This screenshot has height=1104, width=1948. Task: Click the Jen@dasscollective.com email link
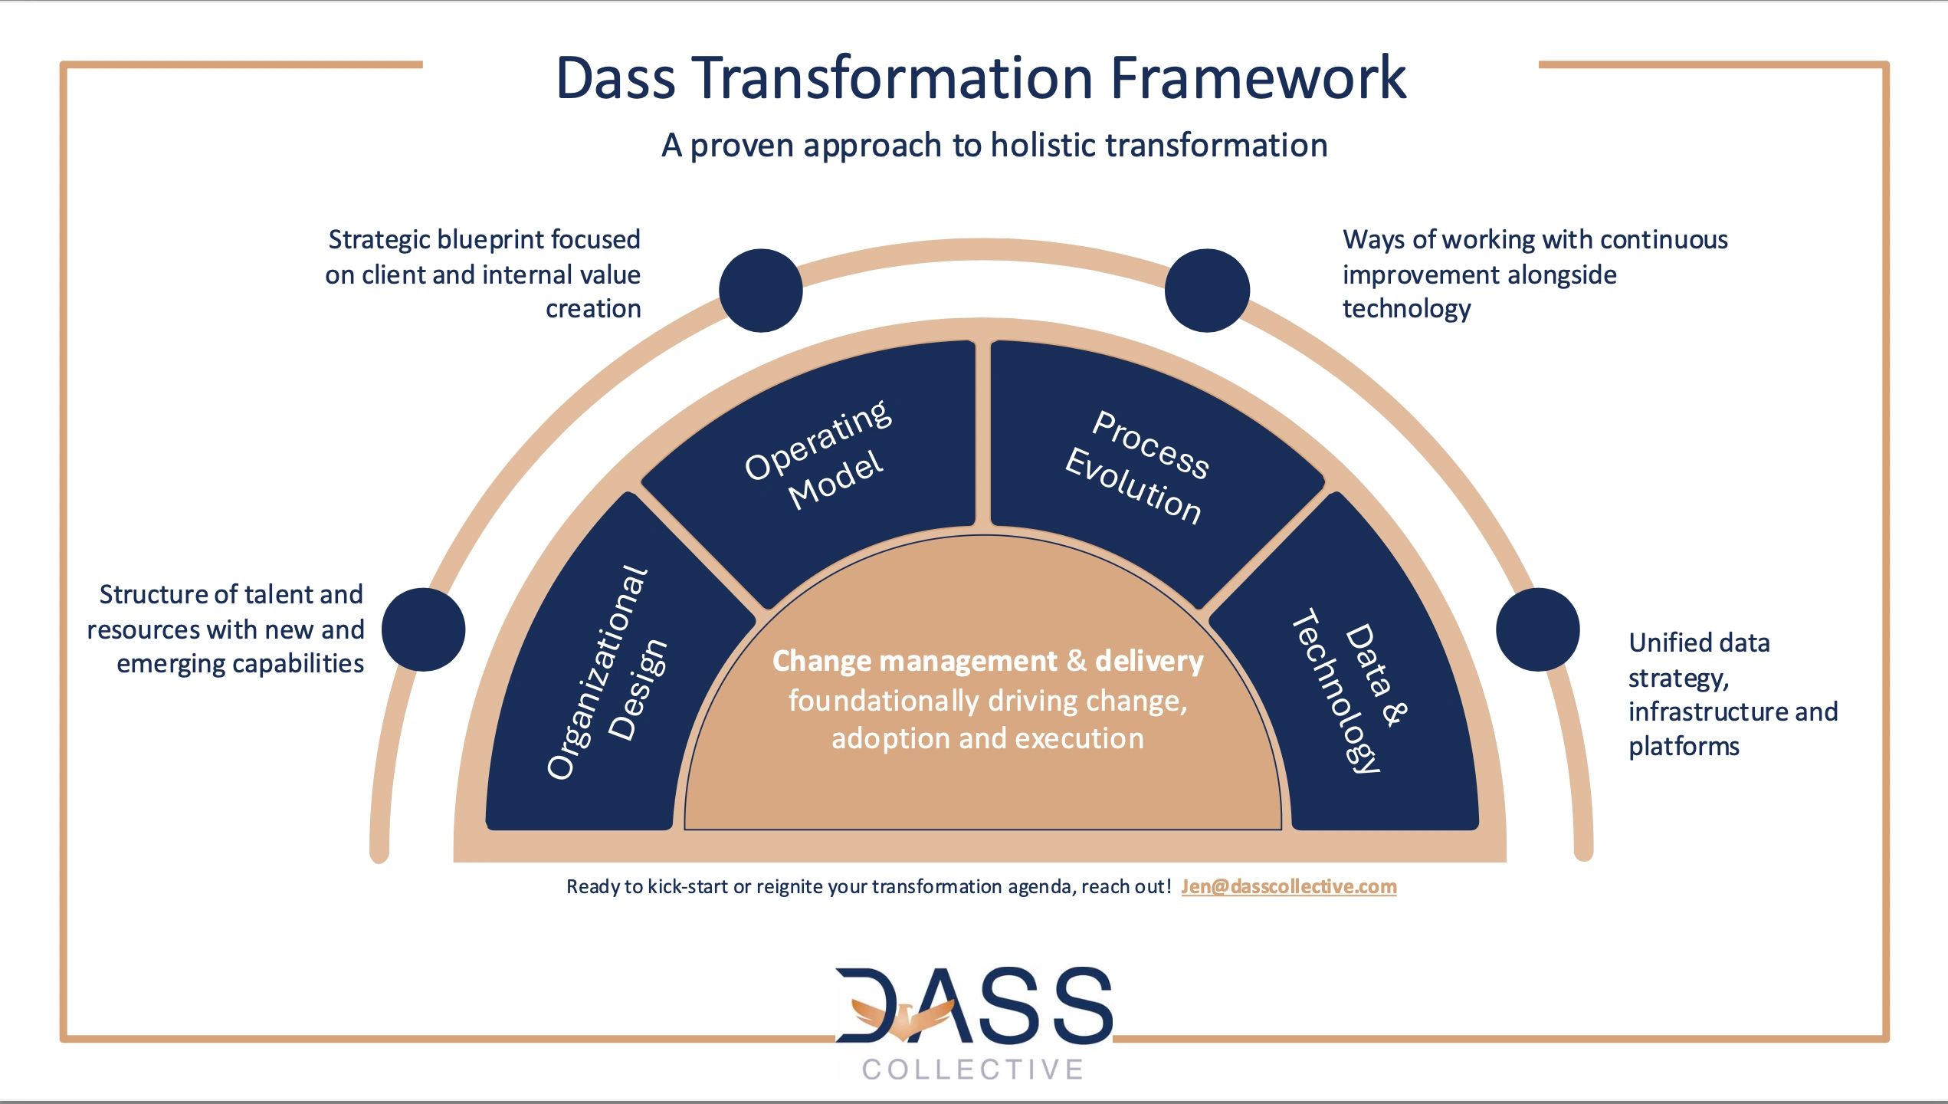[x=1288, y=886]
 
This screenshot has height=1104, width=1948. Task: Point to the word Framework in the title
[x=1258, y=78]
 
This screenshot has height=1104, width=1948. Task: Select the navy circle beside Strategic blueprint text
[x=760, y=291]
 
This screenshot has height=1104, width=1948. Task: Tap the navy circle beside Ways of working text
[x=1207, y=291]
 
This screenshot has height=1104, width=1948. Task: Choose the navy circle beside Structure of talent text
[x=423, y=629]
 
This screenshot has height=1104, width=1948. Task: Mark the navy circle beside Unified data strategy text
[x=1537, y=629]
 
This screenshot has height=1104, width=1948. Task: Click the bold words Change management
[x=914, y=661]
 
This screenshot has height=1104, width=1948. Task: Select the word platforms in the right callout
[x=1684, y=747]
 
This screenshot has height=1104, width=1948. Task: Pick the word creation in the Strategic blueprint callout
[x=593, y=308]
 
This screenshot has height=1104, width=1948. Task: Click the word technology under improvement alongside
[x=1406, y=308]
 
